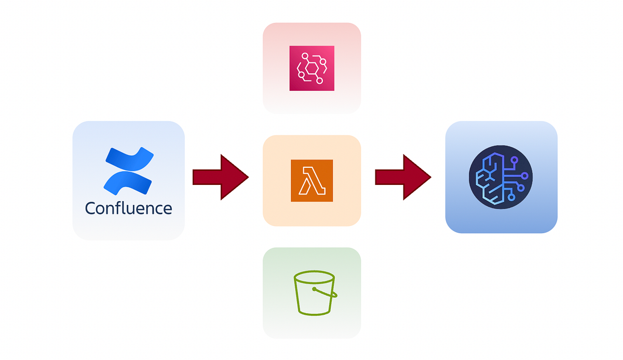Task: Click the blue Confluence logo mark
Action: click(129, 169)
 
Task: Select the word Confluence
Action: click(128, 208)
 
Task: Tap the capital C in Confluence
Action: click(91, 208)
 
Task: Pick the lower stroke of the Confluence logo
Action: click(127, 180)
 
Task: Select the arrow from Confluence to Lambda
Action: click(220, 177)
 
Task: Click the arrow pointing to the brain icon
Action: click(403, 177)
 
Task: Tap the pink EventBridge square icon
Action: click(311, 68)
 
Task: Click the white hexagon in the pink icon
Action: click(311, 69)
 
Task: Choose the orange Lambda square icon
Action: click(311, 181)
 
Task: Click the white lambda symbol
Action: click(311, 181)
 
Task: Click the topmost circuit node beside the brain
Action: click(514, 160)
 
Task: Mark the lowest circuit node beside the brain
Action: click(511, 197)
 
